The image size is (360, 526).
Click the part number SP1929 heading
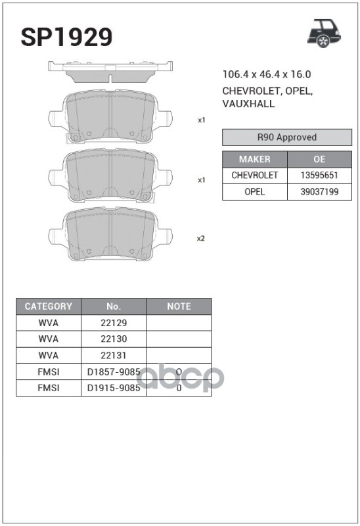[x=66, y=37]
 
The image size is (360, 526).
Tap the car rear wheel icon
[x=323, y=34]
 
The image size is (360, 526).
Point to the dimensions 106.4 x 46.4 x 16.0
[x=267, y=74]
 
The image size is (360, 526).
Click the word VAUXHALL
[x=248, y=104]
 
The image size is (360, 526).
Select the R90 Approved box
[x=287, y=137]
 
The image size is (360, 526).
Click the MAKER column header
[x=255, y=159]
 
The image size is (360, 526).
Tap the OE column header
[x=319, y=159]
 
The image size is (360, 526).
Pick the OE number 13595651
[x=319, y=176]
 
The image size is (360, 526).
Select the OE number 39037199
[x=319, y=192]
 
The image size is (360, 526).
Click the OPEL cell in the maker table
[x=255, y=192]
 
